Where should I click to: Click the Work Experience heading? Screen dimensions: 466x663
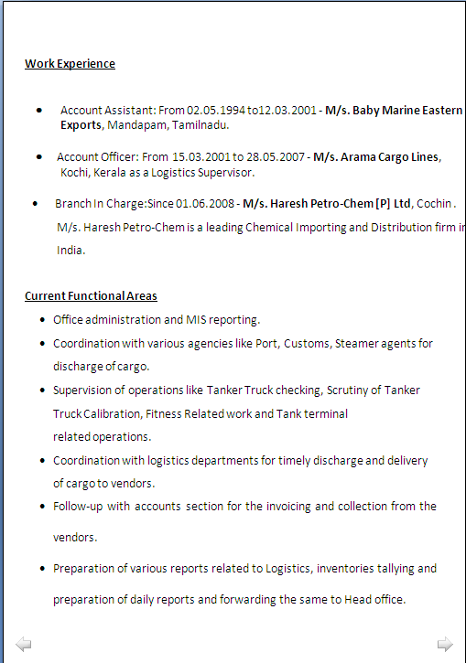click(x=70, y=64)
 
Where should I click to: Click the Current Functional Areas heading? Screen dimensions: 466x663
click(x=91, y=296)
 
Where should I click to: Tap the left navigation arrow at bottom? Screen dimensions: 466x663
click(x=24, y=645)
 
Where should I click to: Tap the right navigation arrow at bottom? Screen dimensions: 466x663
click(x=445, y=645)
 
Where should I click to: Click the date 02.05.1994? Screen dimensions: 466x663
click(x=216, y=110)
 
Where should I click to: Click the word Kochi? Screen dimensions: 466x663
click(x=74, y=172)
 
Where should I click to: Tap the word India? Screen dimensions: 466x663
click(x=70, y=250)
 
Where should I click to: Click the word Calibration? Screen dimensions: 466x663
click(x=114, y=413)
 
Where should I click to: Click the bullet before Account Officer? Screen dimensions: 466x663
click(x=38, y=157)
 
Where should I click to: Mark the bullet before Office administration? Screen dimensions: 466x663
click(x=44, y=320)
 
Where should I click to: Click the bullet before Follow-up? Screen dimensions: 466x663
click(x=44, y=506)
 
